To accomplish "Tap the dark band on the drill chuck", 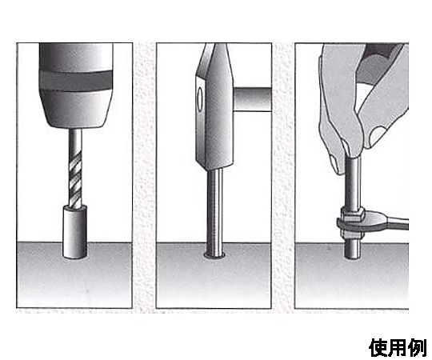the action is pyautogui.click(x=76, y=81).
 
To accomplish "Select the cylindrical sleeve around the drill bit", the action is pyautogui.click(x=75, y=232).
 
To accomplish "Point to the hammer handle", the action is pyautogui.click(x=252, y=99).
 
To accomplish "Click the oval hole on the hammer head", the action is pyautogui.click(x=200, y=98).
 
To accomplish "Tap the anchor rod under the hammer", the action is pyautogui.click(x=214, y=212).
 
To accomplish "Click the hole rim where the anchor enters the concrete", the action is pyautogui.click(x=215, y=256).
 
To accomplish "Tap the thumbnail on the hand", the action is pyautogui.click(x=376, y=136).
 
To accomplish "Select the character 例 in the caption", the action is pyautogui.click(x=418, y=348).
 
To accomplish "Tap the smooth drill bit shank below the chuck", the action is pyautogui.click(x=75, y=141).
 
